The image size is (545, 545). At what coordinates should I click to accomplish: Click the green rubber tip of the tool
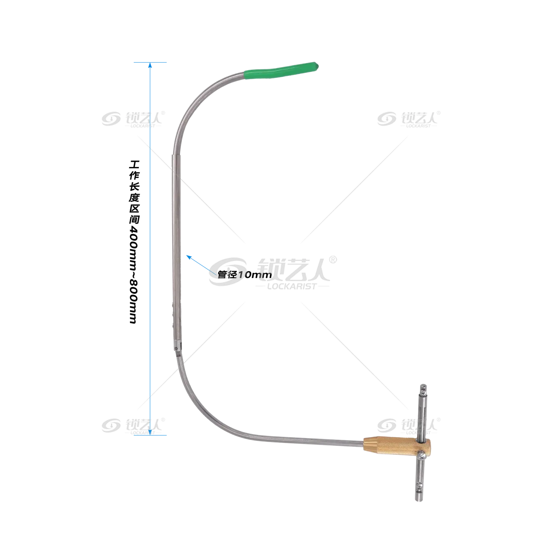point(281,70)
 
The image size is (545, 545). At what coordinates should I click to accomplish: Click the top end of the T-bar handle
point(423,386)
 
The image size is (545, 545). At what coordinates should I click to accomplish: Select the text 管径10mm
point(245,275)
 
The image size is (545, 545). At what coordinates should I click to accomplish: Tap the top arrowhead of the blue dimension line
point(150,65)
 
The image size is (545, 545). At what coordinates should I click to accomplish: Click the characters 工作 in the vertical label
point(134,170)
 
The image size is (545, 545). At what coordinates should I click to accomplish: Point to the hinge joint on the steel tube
point(178,347)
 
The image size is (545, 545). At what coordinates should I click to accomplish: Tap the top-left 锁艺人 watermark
point(133,119)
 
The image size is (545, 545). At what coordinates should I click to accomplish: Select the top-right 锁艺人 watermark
point(409,119)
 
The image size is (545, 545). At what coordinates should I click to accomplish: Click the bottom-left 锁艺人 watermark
point(133,426)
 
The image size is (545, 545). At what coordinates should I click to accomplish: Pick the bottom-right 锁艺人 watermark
point(409,426)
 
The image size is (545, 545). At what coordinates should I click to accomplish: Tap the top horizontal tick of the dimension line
point(150,62)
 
